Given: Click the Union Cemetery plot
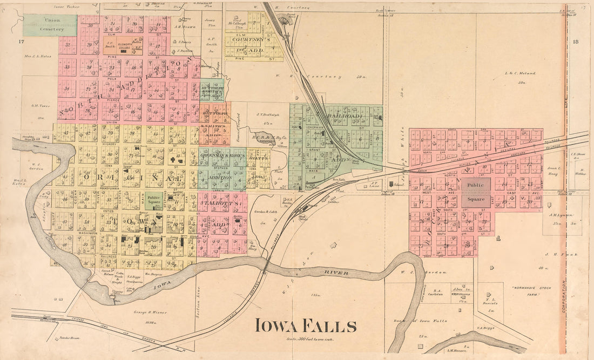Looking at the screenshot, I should pyautogui.click(x=42, y=24).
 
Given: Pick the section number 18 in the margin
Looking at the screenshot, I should pyautogui.click(x=575, y=41).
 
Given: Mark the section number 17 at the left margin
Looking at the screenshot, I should pyautogui.click(x=21, y=41).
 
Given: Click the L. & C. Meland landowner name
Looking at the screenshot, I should pyautogui.click(x=520, y=72).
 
